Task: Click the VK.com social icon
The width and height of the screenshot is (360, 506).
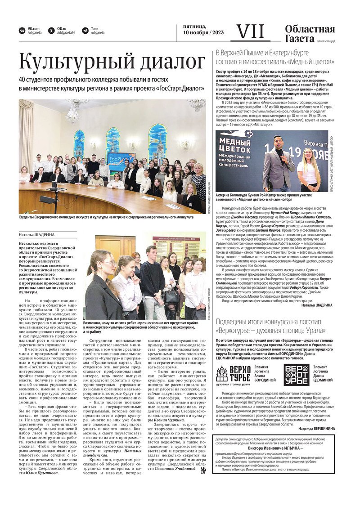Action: (22, 31)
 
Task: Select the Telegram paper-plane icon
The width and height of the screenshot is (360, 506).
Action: (85, 31)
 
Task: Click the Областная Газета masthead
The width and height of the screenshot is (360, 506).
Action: (310, 34)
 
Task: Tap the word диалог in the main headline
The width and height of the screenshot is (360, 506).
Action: (173, 62)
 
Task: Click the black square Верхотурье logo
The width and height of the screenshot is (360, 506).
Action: (296, 374)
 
